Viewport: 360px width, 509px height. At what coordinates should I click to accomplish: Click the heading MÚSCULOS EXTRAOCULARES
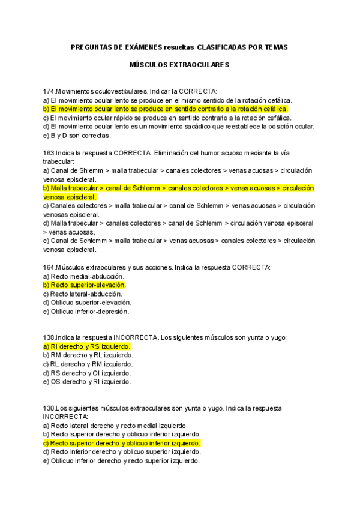[179, 63]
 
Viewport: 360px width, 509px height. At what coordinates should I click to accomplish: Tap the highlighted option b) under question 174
[166, 109]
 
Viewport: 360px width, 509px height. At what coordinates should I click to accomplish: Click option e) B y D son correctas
[82, 136]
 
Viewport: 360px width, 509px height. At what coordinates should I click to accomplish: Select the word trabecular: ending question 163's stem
[58, 162]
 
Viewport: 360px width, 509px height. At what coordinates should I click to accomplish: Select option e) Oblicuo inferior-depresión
[86, 312]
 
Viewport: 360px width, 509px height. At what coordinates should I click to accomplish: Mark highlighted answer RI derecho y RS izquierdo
[87, 346]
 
